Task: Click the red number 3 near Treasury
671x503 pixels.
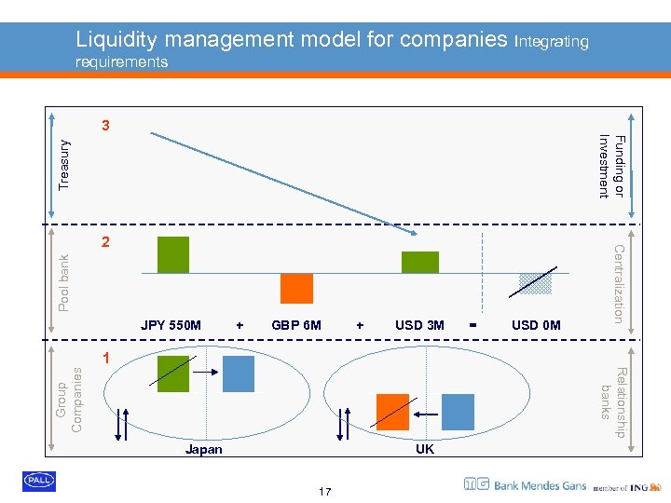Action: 106,126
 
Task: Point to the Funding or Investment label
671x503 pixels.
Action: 610,166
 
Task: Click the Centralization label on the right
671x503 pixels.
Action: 618,283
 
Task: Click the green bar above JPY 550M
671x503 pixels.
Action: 173,254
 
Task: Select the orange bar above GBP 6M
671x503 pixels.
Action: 296,289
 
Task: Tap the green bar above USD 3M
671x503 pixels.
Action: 419,262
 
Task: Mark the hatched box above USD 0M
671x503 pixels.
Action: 536,283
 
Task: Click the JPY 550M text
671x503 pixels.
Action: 171,325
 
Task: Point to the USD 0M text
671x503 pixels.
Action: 536,325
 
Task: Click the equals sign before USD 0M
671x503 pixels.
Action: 474,325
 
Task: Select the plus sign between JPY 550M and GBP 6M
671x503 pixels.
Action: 240,325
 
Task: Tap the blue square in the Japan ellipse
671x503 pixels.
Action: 237,374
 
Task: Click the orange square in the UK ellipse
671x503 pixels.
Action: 392,411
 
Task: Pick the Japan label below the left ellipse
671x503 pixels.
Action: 204,449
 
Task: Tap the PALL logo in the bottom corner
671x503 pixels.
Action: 39,481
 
